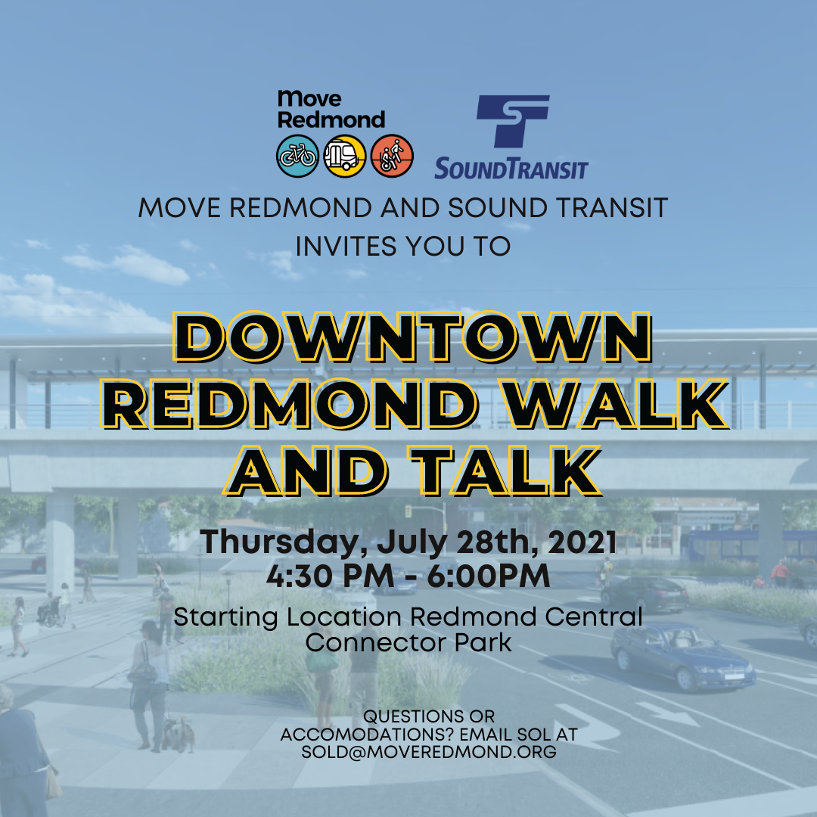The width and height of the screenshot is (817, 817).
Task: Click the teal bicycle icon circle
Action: (297, 156)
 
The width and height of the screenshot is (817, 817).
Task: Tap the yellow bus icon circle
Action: (344, 156)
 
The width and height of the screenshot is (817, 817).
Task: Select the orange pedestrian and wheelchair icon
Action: (392, 156)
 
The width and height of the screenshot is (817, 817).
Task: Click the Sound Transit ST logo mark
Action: (513, 121)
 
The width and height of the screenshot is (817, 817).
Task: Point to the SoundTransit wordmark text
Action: (511, 169)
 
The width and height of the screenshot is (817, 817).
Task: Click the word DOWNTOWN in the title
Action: (413, 337)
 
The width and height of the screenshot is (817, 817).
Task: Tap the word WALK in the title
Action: (617, 404)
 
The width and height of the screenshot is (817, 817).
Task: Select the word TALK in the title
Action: (505, 471)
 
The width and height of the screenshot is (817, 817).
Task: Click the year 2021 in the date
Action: (582, 542)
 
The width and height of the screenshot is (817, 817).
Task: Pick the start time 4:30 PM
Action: (330, 576)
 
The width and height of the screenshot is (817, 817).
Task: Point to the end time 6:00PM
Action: (488, 576)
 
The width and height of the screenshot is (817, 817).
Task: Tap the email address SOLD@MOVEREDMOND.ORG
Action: (429, 752)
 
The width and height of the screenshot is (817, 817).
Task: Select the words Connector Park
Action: (408, 642)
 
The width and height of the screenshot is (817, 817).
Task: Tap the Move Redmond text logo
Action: (331, 110)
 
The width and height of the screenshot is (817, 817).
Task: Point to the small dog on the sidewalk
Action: (178, 734)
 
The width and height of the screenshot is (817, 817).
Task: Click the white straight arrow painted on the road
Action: (667, 714)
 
